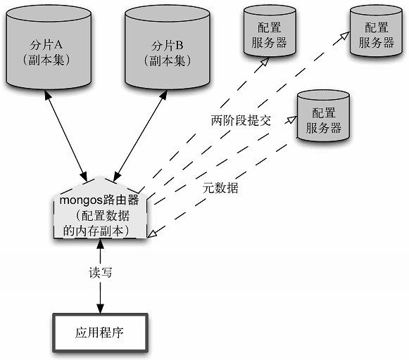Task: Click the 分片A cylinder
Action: click(x=49, y=47)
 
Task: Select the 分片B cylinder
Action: click(x=168, y=47)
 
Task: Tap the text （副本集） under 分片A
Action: click(x=46, y=60)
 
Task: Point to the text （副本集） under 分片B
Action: click(x=168, y=60)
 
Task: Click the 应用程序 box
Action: click(x=100, y=333)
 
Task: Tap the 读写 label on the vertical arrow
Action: click(x=100, y=273)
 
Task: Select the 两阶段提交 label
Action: click(x=241, y=121)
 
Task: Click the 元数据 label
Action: click(x=220, y=188)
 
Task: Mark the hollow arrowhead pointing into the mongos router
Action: click(x=152, y=233)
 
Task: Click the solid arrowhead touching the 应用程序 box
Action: click(x=100, y=309)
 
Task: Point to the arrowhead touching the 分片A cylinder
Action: click(x=47, y=95)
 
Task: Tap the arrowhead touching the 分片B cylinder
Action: click(x=163, y=95)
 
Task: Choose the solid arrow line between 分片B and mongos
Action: click(x=140, y=136)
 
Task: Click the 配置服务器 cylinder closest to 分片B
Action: click(x=270, y=31)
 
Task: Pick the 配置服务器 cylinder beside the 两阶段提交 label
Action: click(x=323, y=116)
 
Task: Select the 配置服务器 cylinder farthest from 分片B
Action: click(x=376, y=31)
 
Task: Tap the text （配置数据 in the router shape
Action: click(x=103, y=216)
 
